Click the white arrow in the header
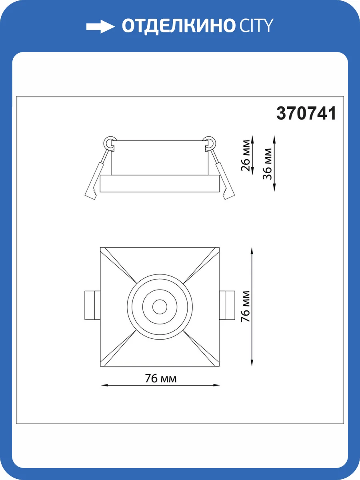point(100,26)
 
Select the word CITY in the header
point(256,26)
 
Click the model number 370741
point(306,114)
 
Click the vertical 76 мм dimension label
point(246,307)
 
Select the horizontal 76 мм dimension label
point(160,378)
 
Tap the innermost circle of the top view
point(160,307)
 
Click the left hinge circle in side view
point(109,142)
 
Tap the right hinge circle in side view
point(210,142)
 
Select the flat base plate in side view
point(160,184)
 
